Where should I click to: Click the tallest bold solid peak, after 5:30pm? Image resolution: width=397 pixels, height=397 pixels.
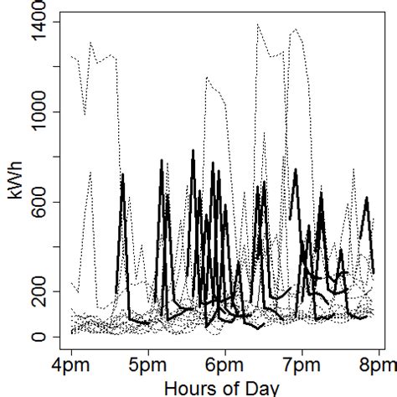pyautogui.click(x=193, y=151)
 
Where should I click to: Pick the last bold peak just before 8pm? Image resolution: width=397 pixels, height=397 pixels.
pyautogui.click(x=367, y=198)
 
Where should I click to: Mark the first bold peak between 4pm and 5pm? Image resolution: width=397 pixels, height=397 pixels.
pyautogui.click(x=123, y=175)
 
